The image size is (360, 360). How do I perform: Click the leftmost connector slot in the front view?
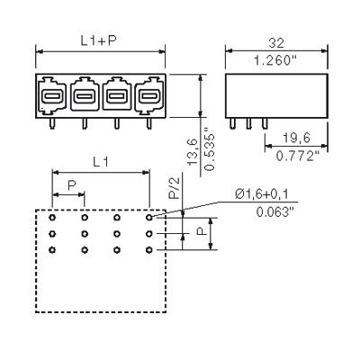(52, 95)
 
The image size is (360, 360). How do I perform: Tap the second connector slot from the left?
(85, 95)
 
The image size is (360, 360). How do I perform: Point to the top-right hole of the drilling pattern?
(149, 217)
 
